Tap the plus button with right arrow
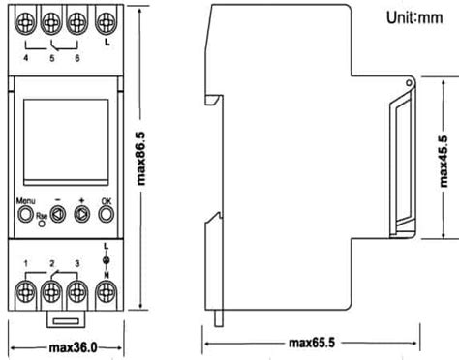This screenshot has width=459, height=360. click(x=82, y=215)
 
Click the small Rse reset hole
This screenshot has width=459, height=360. click(x=41, y=224)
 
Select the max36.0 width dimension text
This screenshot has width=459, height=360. click(x=65, y=347)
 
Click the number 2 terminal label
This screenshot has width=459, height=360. click(x=50, y=263)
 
